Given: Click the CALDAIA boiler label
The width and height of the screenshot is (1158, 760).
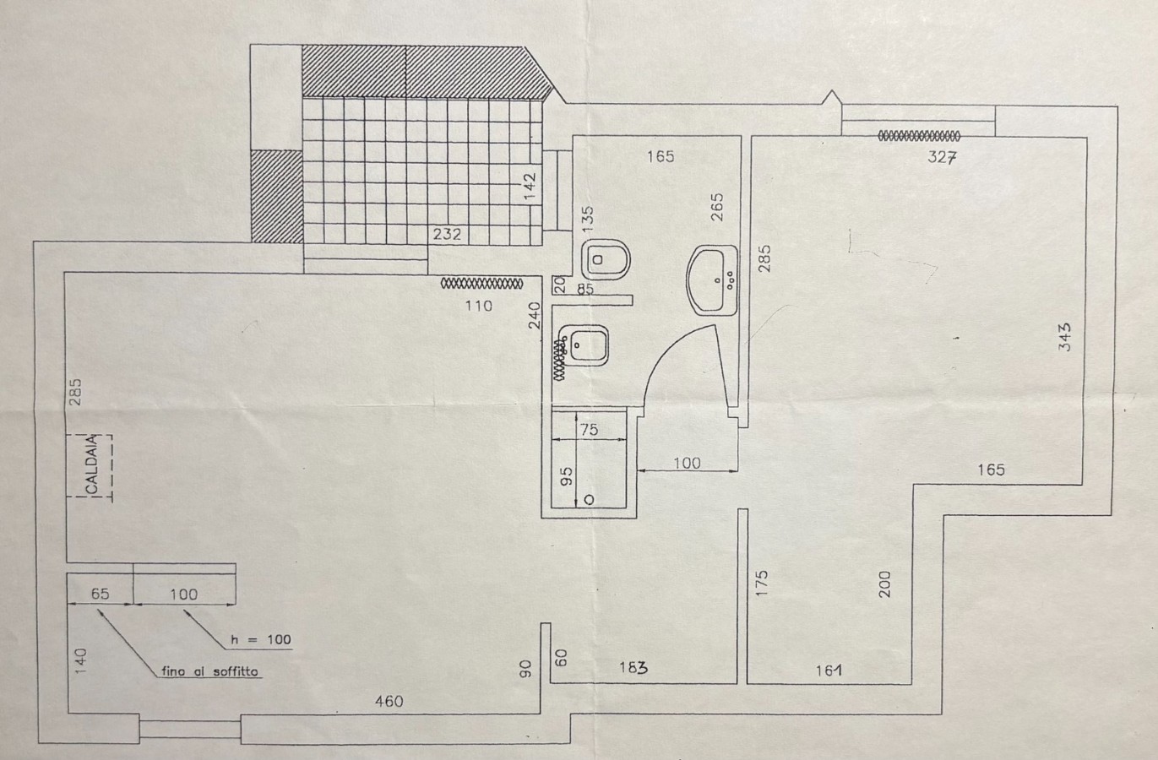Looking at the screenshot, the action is tap(91, 464).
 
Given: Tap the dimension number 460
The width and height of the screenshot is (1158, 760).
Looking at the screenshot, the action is tap(389, 702).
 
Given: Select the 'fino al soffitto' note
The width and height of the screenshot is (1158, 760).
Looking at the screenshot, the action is tap(209, 671).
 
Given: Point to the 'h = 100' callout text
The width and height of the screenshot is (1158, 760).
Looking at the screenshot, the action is tap(260, 639).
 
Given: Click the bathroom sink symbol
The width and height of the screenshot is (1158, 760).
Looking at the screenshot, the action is tap(712, 280).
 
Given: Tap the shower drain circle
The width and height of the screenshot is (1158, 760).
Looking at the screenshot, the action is tap(589, 500).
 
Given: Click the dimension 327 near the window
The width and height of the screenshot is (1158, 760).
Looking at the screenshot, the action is tap(942, 157).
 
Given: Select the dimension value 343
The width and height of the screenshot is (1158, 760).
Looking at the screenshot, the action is tap(1065, 337).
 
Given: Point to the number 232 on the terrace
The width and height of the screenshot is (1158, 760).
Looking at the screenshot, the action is tap(447, 234).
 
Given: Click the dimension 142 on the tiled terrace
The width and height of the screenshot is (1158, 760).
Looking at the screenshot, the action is tap(530, 187).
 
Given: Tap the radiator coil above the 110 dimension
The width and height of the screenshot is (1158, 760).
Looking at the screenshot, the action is tap(481, 284).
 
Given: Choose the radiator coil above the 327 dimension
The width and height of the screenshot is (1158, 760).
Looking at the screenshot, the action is tap(919, 136).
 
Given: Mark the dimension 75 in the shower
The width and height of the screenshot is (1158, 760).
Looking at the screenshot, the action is tap(590, 430).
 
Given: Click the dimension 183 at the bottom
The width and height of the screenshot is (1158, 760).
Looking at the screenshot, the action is tap(633, 668).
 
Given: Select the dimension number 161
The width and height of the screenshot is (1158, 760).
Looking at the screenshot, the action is tap(829, 670).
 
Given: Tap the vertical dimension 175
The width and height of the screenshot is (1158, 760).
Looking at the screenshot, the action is tap(762, 584).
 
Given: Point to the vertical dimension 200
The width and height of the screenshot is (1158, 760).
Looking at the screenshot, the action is tap(885, 584).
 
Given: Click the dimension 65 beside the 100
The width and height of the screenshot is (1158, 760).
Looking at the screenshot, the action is tap(101, 594).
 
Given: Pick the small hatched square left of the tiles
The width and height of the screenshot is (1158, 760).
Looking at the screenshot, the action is tap(276, 197).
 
